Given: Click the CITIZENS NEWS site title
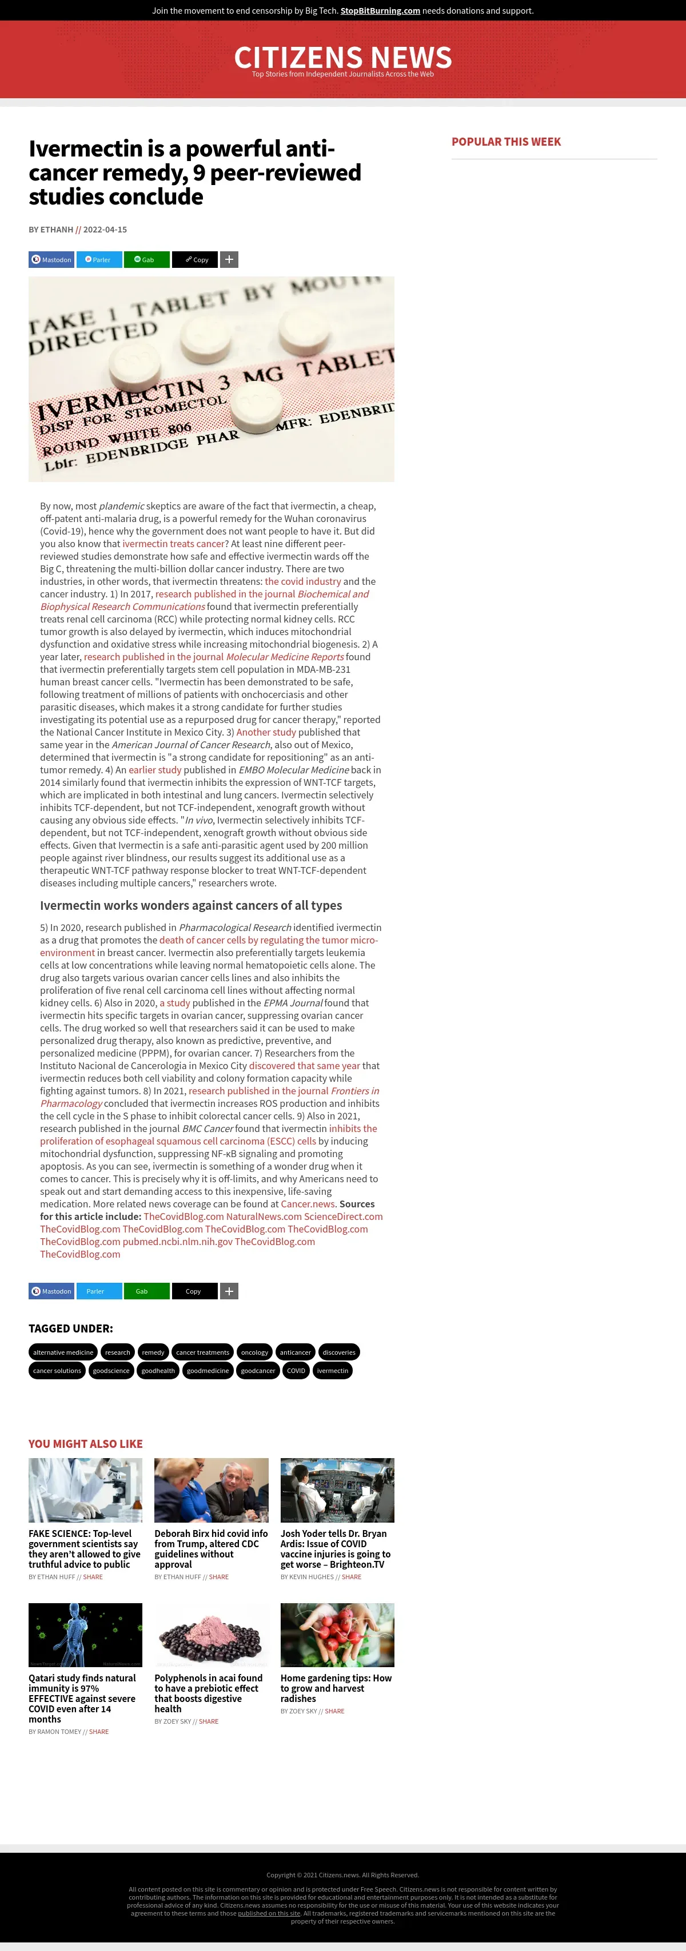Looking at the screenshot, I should pos(342,58).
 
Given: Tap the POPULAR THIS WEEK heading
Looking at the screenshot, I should pos(505,142).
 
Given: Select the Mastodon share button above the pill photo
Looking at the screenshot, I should pos(51,260).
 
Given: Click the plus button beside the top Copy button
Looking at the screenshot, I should pos(229,260).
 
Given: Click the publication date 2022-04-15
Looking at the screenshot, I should pos(105,230).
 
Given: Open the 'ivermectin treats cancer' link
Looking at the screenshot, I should pos(174,543).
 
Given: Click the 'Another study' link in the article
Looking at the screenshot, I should pos(265,732).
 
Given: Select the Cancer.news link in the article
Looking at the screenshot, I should pos(307,1203).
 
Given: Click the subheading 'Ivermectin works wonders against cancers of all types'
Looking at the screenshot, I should pos(191,905).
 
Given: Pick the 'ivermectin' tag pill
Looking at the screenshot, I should pos(333,1370).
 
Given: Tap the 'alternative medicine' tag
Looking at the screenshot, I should pos(63,1352).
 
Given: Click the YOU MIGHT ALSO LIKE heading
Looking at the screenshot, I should pos(86,1444).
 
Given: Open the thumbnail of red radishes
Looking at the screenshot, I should pos(337,1635).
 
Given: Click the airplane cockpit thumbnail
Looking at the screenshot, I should pos(337,1490).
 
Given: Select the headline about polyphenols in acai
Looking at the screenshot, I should pos(209,1693).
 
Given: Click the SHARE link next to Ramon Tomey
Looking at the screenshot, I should pos(98,1731).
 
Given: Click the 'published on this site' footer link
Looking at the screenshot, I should pos(269,1913).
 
